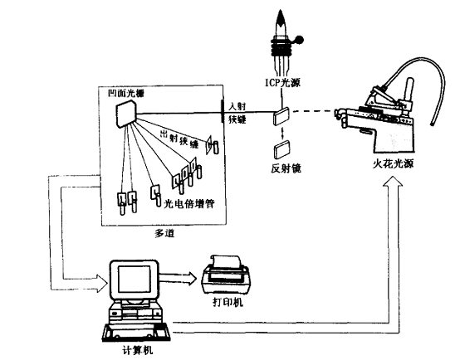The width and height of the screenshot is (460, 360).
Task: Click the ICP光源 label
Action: point(283,83)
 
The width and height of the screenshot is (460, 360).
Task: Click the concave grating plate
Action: point(126,114)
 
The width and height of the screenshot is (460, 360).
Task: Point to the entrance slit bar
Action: point(222,110)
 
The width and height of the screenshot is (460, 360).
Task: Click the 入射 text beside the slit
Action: point(237,106)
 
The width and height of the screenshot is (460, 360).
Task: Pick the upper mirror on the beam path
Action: point(281,116)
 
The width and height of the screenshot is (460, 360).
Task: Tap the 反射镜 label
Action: point(286,168)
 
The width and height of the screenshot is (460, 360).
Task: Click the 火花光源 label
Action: point(393,163)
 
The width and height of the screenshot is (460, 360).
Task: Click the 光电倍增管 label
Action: point(189,203)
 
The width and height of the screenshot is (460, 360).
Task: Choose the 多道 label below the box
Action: point(164,233)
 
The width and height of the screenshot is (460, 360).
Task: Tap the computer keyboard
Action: point(136,333)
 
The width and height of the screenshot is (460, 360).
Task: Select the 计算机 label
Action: point(138,350)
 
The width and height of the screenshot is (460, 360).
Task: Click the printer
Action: point(225,274)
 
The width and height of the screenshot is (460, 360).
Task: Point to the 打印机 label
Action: point(228,302)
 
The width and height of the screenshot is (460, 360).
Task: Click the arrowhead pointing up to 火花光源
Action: point(393,182)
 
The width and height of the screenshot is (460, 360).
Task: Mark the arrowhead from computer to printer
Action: point(192,277)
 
